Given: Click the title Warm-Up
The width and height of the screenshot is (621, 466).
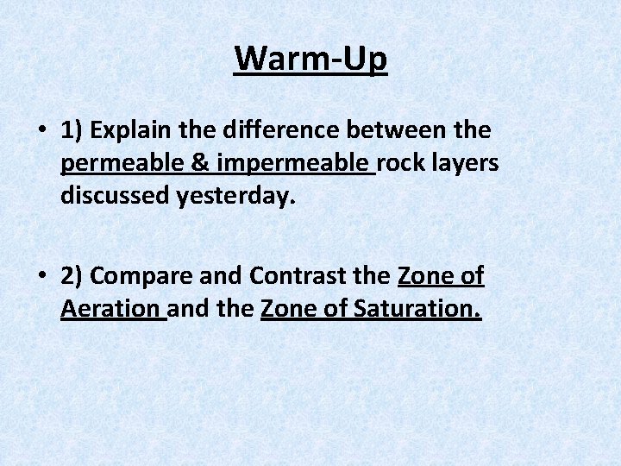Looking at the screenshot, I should (310, 60).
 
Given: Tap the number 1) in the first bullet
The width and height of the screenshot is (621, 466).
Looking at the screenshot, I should (72, 131).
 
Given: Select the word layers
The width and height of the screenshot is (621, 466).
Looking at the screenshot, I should (467, 164).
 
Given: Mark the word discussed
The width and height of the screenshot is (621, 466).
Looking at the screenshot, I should (115, 197).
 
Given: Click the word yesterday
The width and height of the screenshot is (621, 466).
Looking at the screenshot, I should (236, 197).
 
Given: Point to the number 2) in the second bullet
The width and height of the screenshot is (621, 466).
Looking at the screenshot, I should (72, 276).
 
